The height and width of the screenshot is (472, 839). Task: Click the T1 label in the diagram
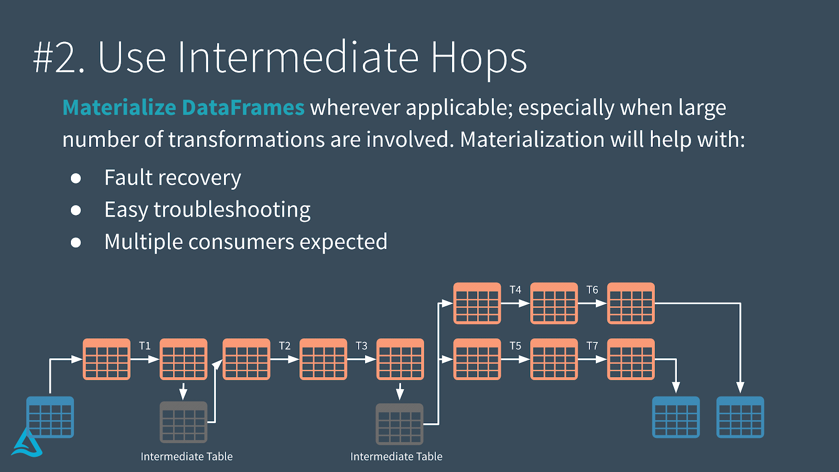pos(145,346)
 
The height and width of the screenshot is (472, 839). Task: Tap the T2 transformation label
pos(284,346)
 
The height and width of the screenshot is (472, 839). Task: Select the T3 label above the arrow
pos(361,346)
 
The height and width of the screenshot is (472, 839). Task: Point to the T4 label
pos(515,289)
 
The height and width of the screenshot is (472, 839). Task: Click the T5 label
pos(515,346)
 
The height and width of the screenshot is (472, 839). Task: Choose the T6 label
pos(592,289)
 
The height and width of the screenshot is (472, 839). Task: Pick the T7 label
pos(592,346)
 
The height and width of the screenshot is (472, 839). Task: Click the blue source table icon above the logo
pos(50,417)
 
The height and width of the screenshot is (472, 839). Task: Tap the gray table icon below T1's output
pos(184,422)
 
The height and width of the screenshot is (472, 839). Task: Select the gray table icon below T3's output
pos(400,424)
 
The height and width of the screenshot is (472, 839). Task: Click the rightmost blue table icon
pos(740,417)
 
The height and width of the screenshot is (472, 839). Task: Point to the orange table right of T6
pos(631,303)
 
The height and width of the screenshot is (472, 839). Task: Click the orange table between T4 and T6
pos(554,303)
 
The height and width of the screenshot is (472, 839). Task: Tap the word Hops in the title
pos(479,58)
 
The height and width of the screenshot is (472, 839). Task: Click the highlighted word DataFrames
pos(243,108)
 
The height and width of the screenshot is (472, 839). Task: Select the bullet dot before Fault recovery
pos(76,178)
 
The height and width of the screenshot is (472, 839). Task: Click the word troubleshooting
pos(232,210)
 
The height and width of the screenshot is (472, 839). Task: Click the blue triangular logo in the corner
pos(27,443)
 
